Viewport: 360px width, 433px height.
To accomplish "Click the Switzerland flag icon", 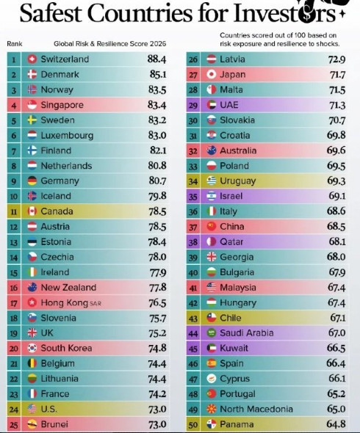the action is tap(32, 59).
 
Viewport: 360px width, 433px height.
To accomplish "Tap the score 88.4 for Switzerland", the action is tap(156, 59).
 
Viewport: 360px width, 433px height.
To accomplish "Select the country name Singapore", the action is tap(62, 105).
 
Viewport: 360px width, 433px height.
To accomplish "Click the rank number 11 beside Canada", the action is tap(14, 211).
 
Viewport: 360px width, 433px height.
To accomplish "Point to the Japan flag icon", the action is tap(212, 75).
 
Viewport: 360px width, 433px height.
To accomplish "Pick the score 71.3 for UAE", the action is tap(337, 105).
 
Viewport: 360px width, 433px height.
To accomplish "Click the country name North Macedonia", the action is tap(256, 409).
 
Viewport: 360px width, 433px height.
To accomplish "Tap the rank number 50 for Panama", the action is tap(193, 425).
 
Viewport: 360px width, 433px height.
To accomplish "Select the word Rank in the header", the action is tap(15, 44).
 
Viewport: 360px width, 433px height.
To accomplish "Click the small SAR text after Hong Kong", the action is tap(96, 304).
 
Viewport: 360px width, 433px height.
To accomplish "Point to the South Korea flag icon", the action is tap(32, 348).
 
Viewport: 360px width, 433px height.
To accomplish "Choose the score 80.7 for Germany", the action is tap(157, 181).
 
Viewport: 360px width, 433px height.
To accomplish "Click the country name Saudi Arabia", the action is tap(246, 333).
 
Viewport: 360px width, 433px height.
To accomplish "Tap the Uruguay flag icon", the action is tap(212, 181).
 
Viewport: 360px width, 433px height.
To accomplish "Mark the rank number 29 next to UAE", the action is tap(193, 106).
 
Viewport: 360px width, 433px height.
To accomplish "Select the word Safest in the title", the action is tap(51, 13).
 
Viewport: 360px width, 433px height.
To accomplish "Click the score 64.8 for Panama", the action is tap(336, 424).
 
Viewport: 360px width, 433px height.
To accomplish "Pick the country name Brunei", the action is tap(54, 424).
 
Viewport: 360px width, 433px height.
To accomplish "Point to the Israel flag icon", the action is tap(212, 196).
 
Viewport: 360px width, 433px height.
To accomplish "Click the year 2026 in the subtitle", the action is tap(158, 44).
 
